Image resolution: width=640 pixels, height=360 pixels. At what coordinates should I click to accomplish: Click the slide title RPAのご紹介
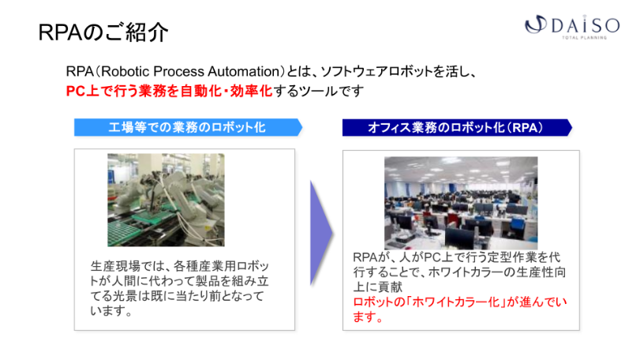pos(103,33)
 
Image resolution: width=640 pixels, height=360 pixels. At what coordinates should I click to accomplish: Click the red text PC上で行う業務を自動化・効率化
pos(168,91)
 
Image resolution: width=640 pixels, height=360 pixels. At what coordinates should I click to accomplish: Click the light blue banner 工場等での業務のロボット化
pos(188,127)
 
